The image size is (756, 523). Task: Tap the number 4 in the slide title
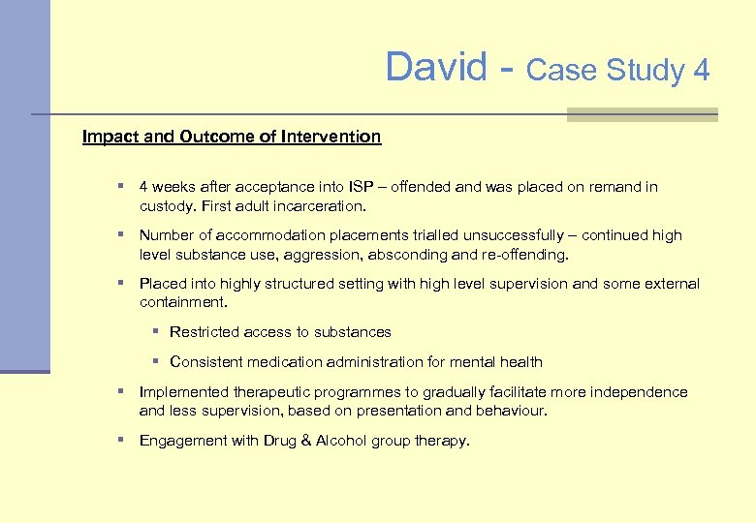[x=701, y=71]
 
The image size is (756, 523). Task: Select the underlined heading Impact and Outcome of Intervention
[x=232, y=137]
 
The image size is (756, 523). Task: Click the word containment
[x=182, y=303]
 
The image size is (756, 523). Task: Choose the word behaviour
[x=512, y=411]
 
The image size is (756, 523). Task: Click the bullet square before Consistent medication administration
[x=155, y=361]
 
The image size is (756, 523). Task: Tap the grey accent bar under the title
[x=641, y=115]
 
